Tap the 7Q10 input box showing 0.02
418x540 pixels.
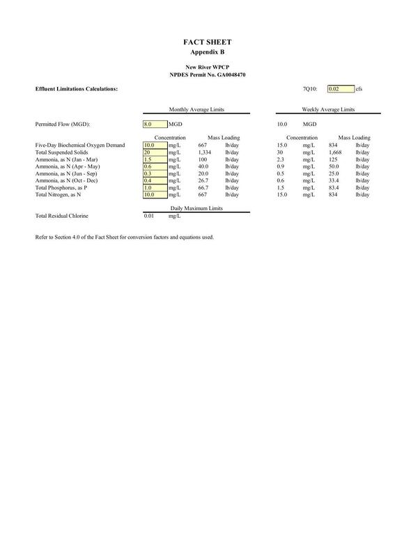[x=340, y=89]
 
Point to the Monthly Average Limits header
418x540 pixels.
[x=196, y=109]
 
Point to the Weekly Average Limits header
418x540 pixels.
[x=328, y=109]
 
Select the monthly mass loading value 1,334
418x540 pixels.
[x=204, y=152]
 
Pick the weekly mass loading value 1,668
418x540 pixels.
[x=335, y=152]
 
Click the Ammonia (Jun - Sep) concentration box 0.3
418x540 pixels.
[x=154, y=173]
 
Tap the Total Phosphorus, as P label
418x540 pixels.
[x=61, y=188]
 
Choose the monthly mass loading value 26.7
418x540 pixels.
[x=203, y=180]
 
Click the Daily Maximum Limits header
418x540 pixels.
[x=196, y=208]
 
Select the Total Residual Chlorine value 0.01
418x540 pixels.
[x=149, y=216]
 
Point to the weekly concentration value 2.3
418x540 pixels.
[x=281, y=159]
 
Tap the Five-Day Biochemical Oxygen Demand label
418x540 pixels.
[x=79, y=145]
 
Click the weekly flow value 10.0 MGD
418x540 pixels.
[x=282, y=124]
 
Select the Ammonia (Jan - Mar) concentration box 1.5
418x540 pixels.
[x=154, y=159]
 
